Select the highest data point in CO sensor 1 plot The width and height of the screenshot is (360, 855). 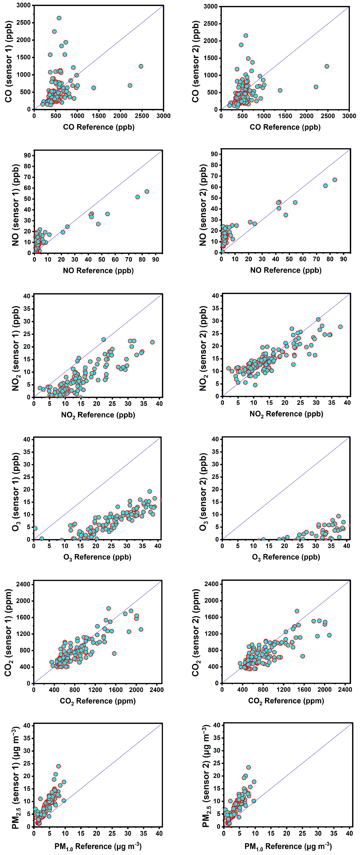(x=59, y=18)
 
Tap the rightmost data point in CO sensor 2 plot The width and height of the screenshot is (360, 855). (x=327, y=66)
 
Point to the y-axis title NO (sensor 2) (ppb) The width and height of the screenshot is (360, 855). (x=203, y=205)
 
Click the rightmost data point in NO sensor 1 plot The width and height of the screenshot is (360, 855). (x=147, y=192)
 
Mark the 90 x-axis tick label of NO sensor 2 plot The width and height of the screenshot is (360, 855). (x=344, y=259)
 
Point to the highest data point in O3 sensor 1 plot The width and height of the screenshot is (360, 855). (x=150, y=492)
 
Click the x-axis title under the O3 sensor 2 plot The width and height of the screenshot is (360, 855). (x=286, y=557)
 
